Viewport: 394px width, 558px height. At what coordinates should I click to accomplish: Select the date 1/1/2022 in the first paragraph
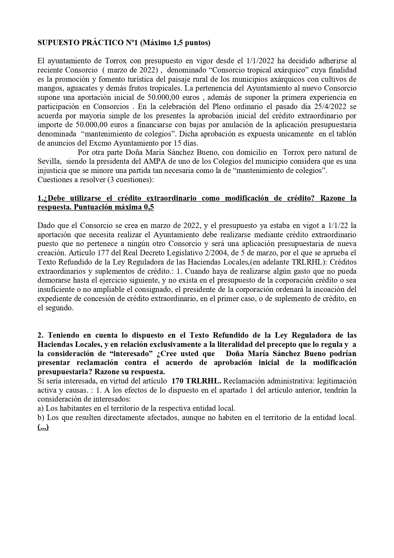[x=262, y=61]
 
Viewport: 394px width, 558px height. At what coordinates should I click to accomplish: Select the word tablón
[x=345, y=134]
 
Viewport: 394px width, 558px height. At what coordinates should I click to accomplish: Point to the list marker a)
[x=41, y=408]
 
